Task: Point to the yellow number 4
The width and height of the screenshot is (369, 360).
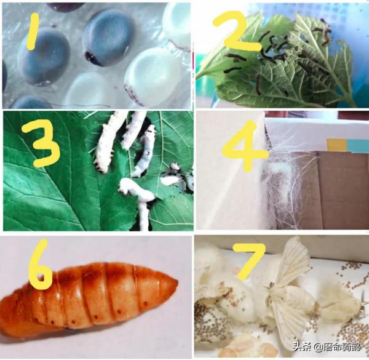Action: tap(245, 146)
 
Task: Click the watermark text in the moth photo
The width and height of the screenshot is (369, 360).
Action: tap(327, 347)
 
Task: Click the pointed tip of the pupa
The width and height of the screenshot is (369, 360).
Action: tap(178, 282)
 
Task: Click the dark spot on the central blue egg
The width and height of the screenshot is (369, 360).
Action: tap(90, 57)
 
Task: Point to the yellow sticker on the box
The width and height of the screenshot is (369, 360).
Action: tap(336, 145)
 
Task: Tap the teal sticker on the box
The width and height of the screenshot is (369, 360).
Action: tap(358, 145)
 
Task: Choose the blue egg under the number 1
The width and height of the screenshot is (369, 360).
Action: tap(44, 57)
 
